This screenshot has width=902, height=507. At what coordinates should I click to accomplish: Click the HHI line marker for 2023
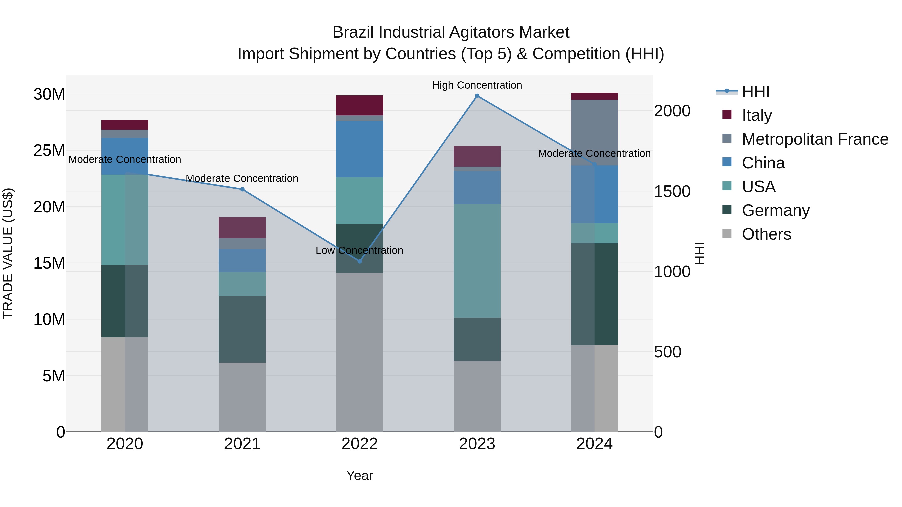(477, 96)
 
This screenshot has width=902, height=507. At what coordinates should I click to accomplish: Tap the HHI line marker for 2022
(360, 261)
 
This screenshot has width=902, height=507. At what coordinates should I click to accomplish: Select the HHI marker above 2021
(242, 189)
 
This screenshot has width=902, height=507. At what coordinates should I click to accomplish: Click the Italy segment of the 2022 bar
(360, 105)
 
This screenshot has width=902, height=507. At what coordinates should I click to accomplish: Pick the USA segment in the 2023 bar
(477, 261)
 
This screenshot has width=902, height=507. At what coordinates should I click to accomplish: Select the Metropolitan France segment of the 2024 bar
(594, 133)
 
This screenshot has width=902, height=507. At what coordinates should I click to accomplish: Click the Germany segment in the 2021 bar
(242, 329)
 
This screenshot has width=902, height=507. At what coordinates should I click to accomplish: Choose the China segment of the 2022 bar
(360, 149)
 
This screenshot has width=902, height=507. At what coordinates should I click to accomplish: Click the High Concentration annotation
(477, 85)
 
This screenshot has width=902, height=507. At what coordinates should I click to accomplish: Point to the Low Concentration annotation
(359, 251)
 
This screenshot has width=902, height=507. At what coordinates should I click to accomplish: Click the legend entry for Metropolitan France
(815, 139)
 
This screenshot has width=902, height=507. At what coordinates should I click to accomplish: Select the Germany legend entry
(775, 210)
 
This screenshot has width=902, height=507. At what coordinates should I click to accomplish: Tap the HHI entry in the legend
(756, 92)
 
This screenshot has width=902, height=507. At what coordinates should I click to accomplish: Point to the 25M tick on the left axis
(49, 151)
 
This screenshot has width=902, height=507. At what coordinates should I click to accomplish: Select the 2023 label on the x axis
(477, 444)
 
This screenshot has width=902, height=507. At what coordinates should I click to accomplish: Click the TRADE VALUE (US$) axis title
(8, 253)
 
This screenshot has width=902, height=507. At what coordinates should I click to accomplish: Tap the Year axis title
(359, 475)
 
